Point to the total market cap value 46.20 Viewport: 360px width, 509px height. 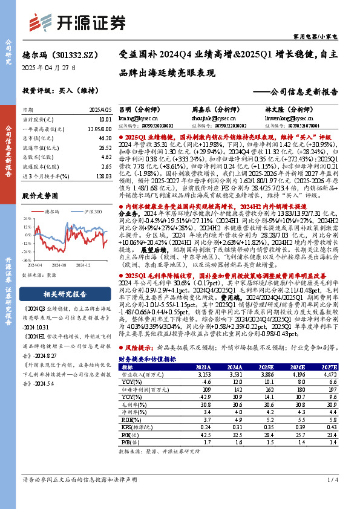(x=104, y=138)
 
